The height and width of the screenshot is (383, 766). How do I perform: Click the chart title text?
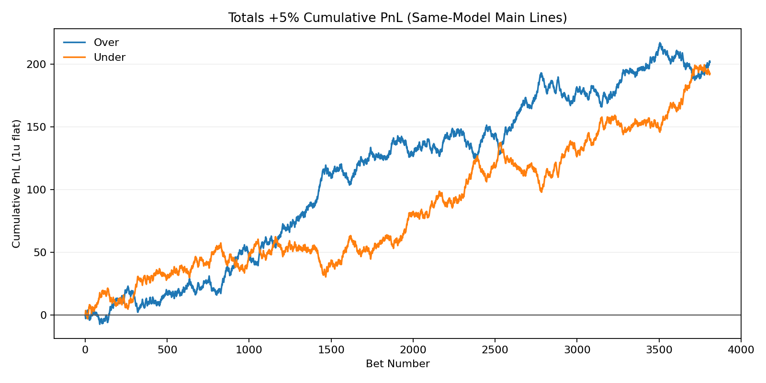tap(397, 18)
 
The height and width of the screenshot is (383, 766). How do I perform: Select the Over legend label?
tap(106, 43)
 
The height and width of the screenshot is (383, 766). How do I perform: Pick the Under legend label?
tap(110, 57)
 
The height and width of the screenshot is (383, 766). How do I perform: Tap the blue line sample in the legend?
tap(74, 43)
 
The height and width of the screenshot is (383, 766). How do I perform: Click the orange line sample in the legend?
tap(74, 57)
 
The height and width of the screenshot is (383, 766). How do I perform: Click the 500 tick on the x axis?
tap(167, 350)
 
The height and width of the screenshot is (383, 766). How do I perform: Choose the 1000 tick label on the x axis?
tap(249, 350)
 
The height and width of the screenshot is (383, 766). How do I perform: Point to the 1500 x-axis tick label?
tap(331, 350)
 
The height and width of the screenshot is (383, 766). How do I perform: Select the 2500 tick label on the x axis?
tap(495, 350)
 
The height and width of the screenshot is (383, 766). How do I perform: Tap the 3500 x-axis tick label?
tap(659, 350)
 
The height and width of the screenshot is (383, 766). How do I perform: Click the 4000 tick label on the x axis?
tap(741, 350)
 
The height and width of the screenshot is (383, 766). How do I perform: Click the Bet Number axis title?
tap(397, 364)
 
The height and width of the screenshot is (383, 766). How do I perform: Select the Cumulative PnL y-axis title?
tap(17, 184)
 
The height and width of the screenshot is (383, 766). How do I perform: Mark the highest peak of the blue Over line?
tap(660, 43)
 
